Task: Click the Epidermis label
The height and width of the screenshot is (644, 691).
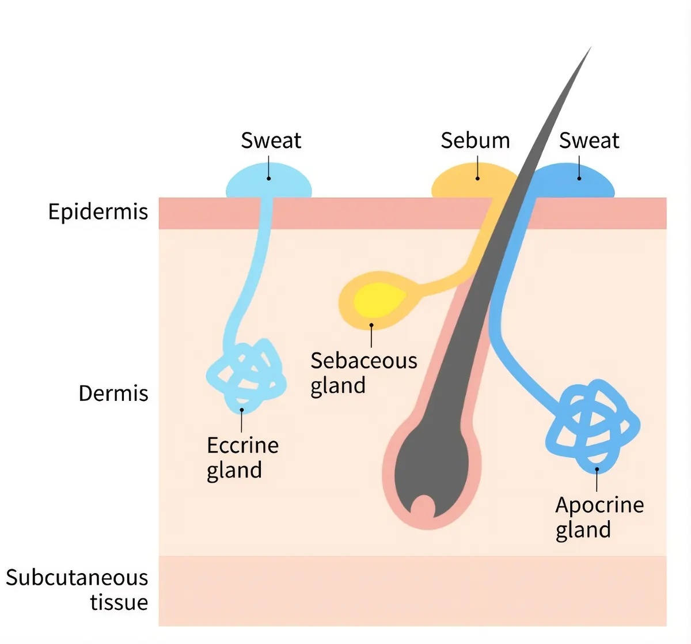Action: click(98, 212)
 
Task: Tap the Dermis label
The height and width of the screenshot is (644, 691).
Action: click(113, 393)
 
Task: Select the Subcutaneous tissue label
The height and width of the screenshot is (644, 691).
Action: click(77, 590)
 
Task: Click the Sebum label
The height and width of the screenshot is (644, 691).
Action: click(475, 141)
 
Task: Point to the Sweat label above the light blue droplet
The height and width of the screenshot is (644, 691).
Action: click(271, 141)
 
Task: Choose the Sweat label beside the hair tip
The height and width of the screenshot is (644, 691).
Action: click(589, 141)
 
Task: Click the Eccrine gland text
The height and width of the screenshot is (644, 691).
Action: click(242, 457)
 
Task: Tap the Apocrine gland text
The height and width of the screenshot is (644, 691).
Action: click(599, 517)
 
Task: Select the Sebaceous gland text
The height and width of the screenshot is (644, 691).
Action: click(363, 373)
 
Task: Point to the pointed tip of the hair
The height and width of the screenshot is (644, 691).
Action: click(589, 50)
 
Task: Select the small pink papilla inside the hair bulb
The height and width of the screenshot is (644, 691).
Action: click(423, 507)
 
